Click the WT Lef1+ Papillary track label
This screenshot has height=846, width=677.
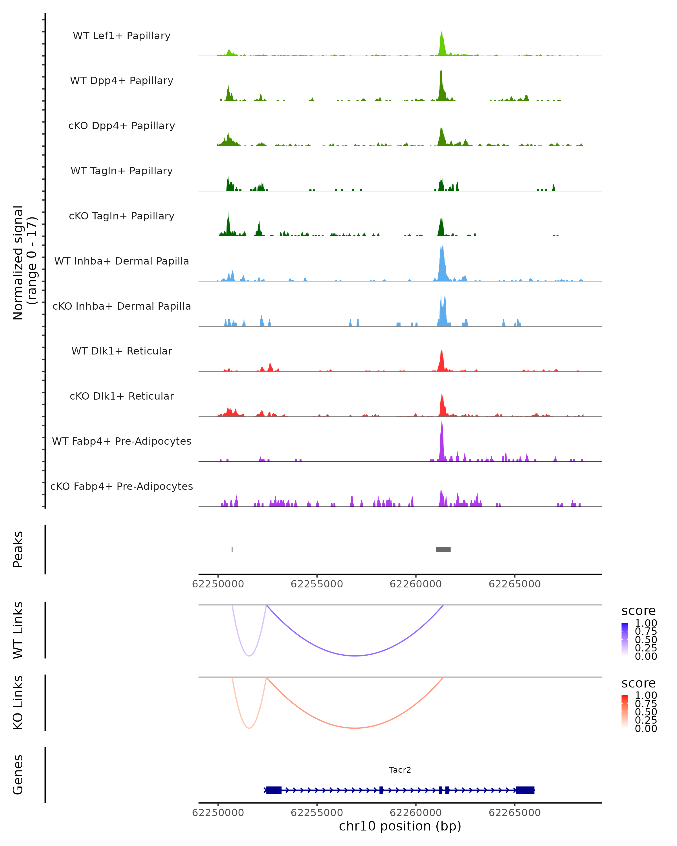point(122,36)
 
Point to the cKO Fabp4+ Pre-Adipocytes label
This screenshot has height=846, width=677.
point(122,486)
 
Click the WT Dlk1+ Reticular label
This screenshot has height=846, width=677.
point(122,351)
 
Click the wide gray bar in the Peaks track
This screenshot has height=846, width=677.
point(443,549)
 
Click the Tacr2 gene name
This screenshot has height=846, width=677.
point(400,770)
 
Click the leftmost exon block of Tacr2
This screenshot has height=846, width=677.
point(274,790)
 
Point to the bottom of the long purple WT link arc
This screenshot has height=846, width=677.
point(355,656)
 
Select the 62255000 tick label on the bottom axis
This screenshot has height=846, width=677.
point(317,813)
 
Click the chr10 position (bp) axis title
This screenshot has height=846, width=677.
point(400,826)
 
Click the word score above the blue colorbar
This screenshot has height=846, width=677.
point(639,611)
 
